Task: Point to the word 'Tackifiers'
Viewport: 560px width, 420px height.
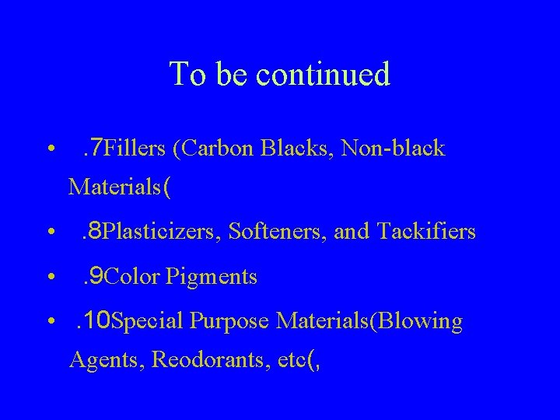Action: (426, 232)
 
